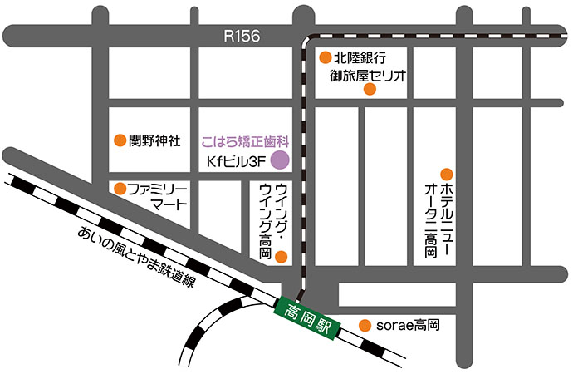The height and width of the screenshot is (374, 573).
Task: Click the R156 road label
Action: click(x=242, y=36)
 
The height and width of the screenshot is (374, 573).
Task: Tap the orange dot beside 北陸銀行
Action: click(x=325, y=58)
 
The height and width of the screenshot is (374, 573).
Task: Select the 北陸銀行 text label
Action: click(x=360, y=58)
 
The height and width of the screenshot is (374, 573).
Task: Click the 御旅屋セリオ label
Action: click(x=367, y=76)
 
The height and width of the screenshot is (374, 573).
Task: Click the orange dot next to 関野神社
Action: click(x=120, y=140)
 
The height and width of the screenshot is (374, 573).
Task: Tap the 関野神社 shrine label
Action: click(x=155, y=140)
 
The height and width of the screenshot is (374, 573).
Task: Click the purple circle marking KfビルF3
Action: click(x=280, y=160)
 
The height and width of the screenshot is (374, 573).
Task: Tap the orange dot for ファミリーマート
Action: click(x=120, y=189)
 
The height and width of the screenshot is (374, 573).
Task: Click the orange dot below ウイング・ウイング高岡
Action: click(x=281, y=256)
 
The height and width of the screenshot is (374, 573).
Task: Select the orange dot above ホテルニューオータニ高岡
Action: click(x=447, y=175)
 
